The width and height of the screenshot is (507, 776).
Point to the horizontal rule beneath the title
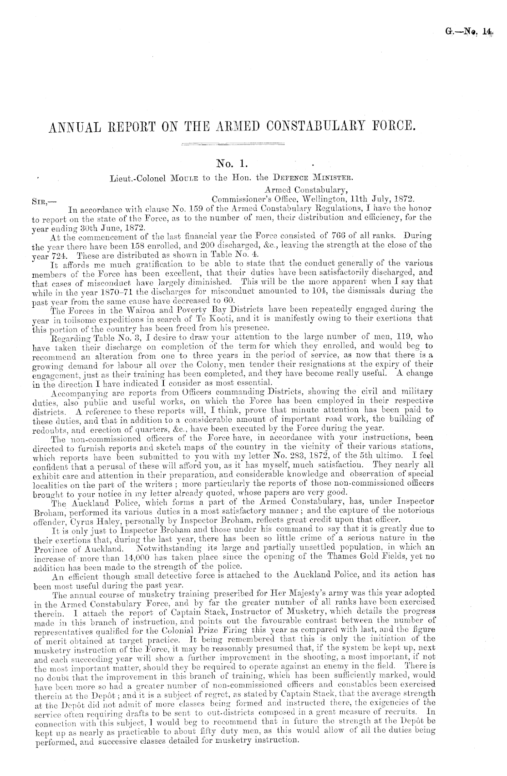[x=233, y=145]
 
